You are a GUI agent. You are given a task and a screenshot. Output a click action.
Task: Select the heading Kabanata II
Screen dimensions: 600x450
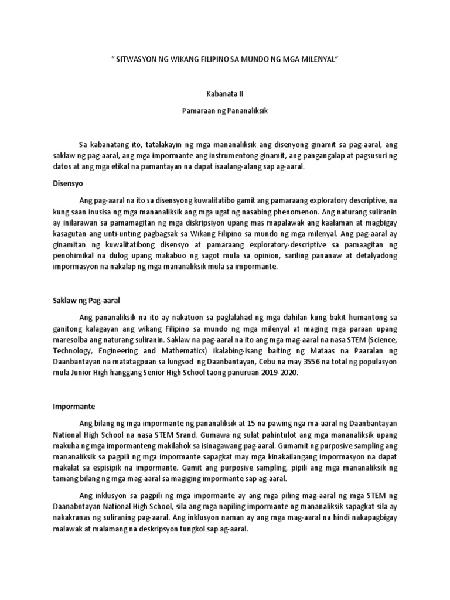225,93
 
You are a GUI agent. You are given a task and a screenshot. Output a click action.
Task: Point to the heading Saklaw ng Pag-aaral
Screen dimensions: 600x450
83,301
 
